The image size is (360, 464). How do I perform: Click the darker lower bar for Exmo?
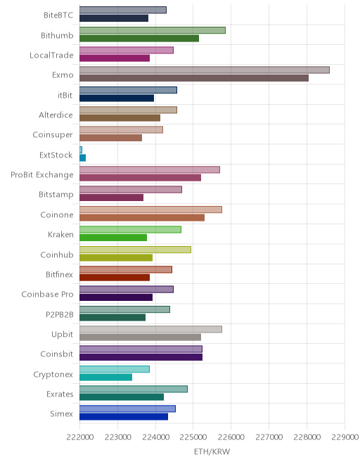point(194,78)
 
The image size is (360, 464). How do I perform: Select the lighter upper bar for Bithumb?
point(153,30)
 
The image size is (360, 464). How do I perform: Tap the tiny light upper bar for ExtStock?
point(81,150)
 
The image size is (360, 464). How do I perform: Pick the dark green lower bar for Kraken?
point(113,238)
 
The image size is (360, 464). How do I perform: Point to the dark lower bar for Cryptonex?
point(105,377)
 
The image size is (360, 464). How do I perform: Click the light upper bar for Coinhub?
point(135,250)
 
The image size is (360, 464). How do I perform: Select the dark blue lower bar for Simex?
point(124,417)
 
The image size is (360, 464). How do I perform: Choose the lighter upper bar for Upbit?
point(150,329)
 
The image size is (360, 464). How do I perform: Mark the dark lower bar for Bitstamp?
point(111,198)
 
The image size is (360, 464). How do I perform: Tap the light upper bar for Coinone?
point(150,210)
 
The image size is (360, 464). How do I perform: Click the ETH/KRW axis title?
point(212,451)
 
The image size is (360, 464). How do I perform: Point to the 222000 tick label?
point(80,437)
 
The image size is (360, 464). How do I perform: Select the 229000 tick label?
point(345,437)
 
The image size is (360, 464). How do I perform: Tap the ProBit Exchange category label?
point(41,175)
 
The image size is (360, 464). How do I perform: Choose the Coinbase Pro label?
point(47,294)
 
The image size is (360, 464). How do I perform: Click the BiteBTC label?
point(58,15)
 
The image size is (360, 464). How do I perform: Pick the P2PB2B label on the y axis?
point(60,314)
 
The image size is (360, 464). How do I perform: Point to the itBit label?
point(65,95)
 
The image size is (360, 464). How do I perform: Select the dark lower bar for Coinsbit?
point(141,357)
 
